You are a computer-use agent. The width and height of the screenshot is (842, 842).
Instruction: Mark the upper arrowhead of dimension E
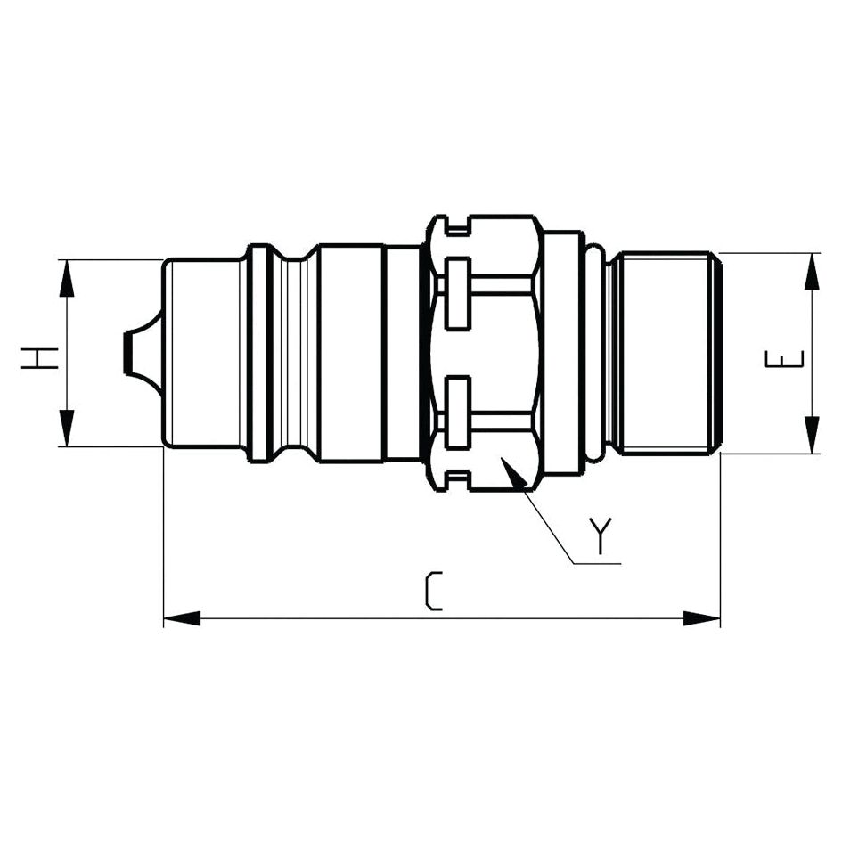812,272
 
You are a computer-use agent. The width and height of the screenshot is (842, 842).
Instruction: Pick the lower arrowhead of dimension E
812,435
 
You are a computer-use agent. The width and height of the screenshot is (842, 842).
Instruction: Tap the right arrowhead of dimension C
701,618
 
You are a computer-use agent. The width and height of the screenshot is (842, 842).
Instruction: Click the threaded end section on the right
668,353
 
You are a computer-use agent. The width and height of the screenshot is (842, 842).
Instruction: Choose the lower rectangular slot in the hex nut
458,412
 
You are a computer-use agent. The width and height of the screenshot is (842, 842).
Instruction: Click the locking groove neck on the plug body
294,353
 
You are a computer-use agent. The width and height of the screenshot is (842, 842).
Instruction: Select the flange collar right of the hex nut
563,353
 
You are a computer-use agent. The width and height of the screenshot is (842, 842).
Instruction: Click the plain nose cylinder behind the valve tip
203,353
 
